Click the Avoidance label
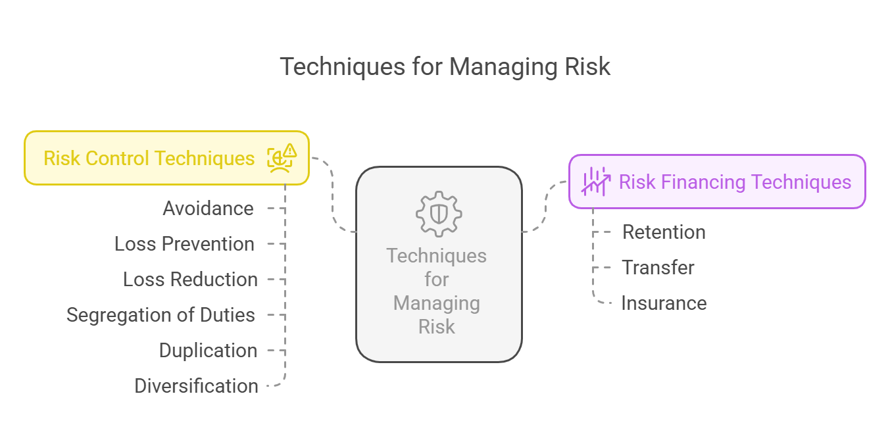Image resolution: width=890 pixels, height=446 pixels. [x=209, y=209]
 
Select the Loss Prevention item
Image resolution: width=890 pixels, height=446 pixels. [x=184, y=243]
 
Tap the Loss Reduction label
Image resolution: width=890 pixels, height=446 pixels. [x=190, y=279]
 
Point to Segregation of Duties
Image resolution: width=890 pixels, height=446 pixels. [x=161, y=315]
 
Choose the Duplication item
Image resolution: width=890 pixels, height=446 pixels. [x=209, y=350]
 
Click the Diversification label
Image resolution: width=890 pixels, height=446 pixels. [x=196, y=385]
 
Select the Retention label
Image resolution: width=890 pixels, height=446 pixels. [x=664, y=232]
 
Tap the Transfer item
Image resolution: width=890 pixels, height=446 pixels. [x=658, y=267]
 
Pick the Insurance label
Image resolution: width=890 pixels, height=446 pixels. [x=664, y=303]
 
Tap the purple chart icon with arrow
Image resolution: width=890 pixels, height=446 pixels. [x=595, y=182]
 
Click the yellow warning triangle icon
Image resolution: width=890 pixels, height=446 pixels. [x=290, y=150]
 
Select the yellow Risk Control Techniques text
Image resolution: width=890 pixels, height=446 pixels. [x=149, y=159]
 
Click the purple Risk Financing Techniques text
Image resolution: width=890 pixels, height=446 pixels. [x=735, y=182]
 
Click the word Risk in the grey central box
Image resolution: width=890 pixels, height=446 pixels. [x=436, y=327]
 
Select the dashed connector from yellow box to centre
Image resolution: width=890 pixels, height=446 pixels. [x=333, y=195]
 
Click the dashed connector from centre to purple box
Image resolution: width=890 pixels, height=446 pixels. [x=546, y=207]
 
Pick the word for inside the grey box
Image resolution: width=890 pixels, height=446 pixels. [x=436, y=279]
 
